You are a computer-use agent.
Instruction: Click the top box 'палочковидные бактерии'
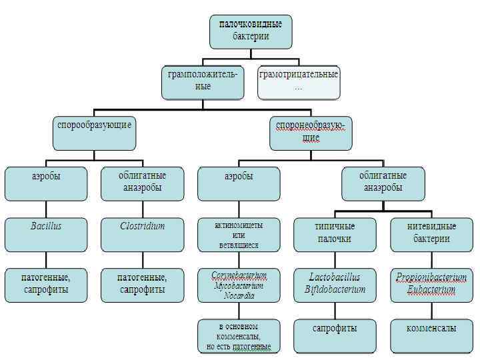[x=251, y=31]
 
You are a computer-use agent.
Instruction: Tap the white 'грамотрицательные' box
[x=298, y=81]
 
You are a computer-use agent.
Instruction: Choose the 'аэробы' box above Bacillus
[x=46, y=183]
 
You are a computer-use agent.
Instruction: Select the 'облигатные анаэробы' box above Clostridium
[x=142, y=183]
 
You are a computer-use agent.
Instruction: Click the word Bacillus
[x=46, y=226]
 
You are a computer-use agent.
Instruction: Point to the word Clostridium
[x=142, y=226]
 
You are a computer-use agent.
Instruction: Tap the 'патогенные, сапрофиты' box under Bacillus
[x=46, y=283]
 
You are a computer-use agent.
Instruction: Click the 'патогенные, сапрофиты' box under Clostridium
[x=142, y=283]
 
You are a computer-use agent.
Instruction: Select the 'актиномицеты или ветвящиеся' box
[x=239, y=235]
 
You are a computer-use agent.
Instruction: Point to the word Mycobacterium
[x=239, y=286]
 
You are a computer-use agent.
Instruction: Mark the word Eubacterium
[x=431, y=289]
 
